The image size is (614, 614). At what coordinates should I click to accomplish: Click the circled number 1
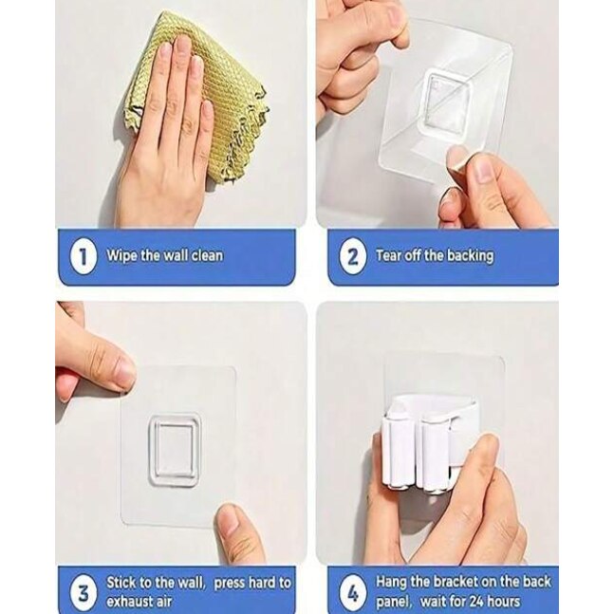[x=83, y=257]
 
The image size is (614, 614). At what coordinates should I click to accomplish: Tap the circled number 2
[x=352, y=257]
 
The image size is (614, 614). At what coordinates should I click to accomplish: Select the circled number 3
[x=83, y=592]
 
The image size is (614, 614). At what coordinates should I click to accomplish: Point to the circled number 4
[x=352, y=592]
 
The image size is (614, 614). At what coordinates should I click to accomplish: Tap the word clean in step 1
[x=207, y=255]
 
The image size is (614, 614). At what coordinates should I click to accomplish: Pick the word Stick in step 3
[x=121, y=583]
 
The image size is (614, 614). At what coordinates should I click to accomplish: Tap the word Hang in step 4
[x=392, y=583]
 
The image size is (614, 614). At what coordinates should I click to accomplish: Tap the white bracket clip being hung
[x=429, y=442]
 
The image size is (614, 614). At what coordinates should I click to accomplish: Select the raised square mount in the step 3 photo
[x=175, y=451]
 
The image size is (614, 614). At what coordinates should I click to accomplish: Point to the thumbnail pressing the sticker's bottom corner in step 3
[x=229, y=519]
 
